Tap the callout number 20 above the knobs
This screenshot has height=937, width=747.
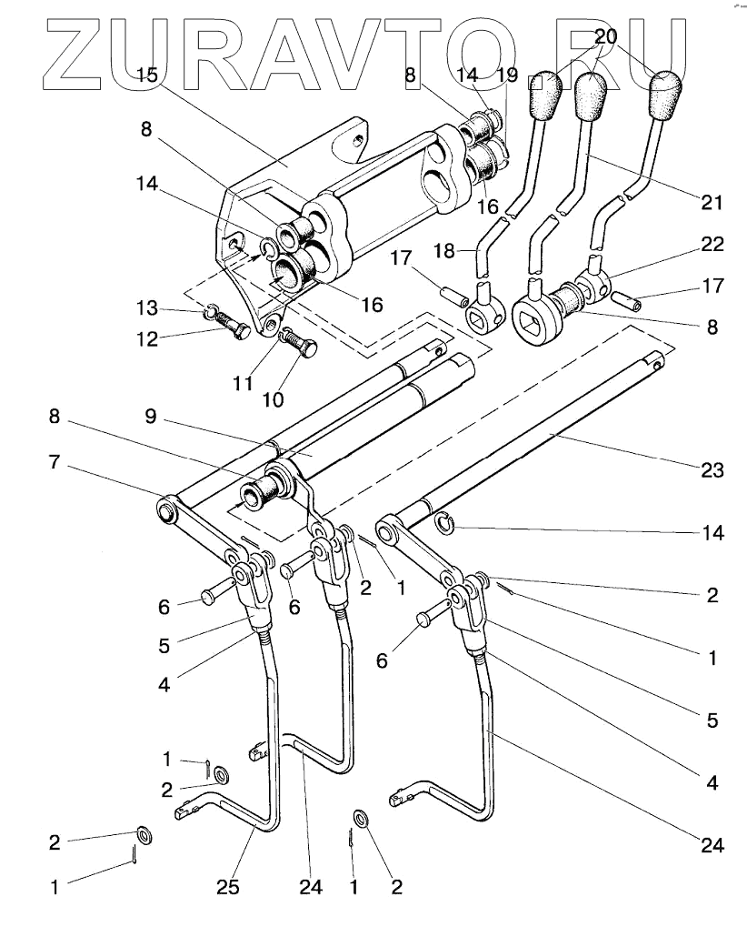(605, 37)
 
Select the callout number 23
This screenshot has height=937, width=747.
(712, 469)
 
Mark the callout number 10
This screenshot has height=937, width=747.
(274, 398)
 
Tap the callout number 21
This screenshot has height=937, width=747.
(712, 201)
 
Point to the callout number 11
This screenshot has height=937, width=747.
(242, 383)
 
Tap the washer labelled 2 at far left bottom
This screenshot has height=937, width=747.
(144, 834)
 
